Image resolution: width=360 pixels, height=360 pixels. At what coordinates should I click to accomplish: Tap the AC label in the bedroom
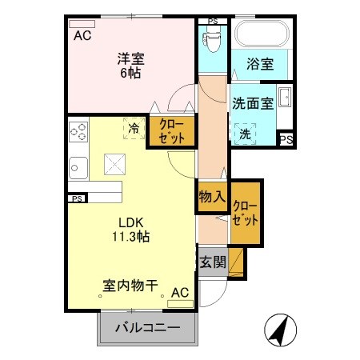(82, 36)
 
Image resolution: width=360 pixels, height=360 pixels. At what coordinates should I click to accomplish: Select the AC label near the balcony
(179, 292)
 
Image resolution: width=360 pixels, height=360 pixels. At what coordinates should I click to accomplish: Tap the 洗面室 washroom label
(253, 103)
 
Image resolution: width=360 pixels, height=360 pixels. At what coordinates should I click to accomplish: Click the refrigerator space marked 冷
(132, 126)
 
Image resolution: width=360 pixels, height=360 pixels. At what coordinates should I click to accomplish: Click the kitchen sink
(78, 167)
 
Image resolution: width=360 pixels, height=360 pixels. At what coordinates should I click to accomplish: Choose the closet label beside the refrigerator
(170, 130)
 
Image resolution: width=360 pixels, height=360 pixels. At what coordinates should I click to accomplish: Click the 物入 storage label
(211, 196)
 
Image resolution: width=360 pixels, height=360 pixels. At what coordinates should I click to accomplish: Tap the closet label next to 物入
(246, 211)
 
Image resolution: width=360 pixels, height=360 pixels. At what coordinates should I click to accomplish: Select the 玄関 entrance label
(212, 261)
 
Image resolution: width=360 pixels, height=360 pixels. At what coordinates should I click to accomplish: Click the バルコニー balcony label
(146, 326)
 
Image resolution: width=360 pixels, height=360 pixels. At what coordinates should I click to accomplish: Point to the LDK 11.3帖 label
(130, 228)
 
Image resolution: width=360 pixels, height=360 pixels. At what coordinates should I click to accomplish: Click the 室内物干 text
(128, 285)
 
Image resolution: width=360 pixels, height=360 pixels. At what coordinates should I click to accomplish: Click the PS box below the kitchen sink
(77, 198)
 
